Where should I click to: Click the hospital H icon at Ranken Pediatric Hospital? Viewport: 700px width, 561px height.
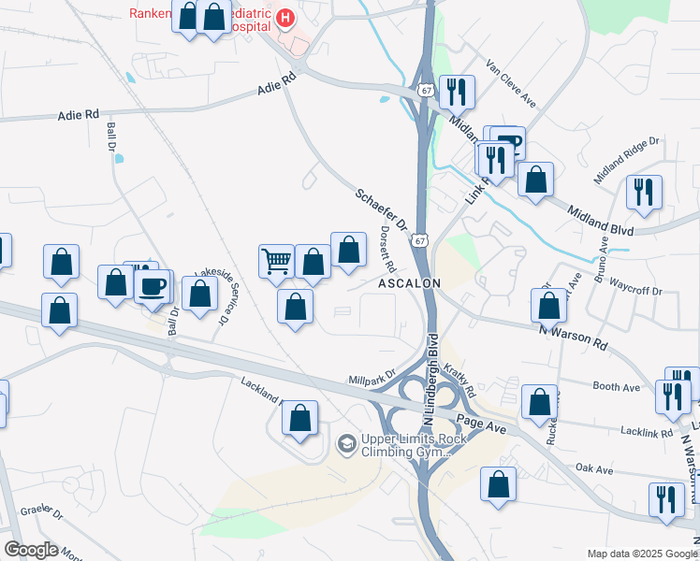point(285,17)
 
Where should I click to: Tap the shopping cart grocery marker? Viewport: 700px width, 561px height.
point(276,261)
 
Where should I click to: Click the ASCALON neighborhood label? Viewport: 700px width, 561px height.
point(409,282)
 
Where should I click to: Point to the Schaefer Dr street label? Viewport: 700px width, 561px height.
point(381,210)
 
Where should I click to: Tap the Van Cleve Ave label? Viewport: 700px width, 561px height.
point(510,84)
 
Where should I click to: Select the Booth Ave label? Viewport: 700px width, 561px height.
point(616,386)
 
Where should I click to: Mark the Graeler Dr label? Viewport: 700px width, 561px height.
point(43,515)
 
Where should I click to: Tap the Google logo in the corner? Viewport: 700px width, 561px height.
point(31,550)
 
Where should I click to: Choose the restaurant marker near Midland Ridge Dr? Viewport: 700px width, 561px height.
point(644,193)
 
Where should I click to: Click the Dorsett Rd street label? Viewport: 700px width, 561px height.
point(388,248)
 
